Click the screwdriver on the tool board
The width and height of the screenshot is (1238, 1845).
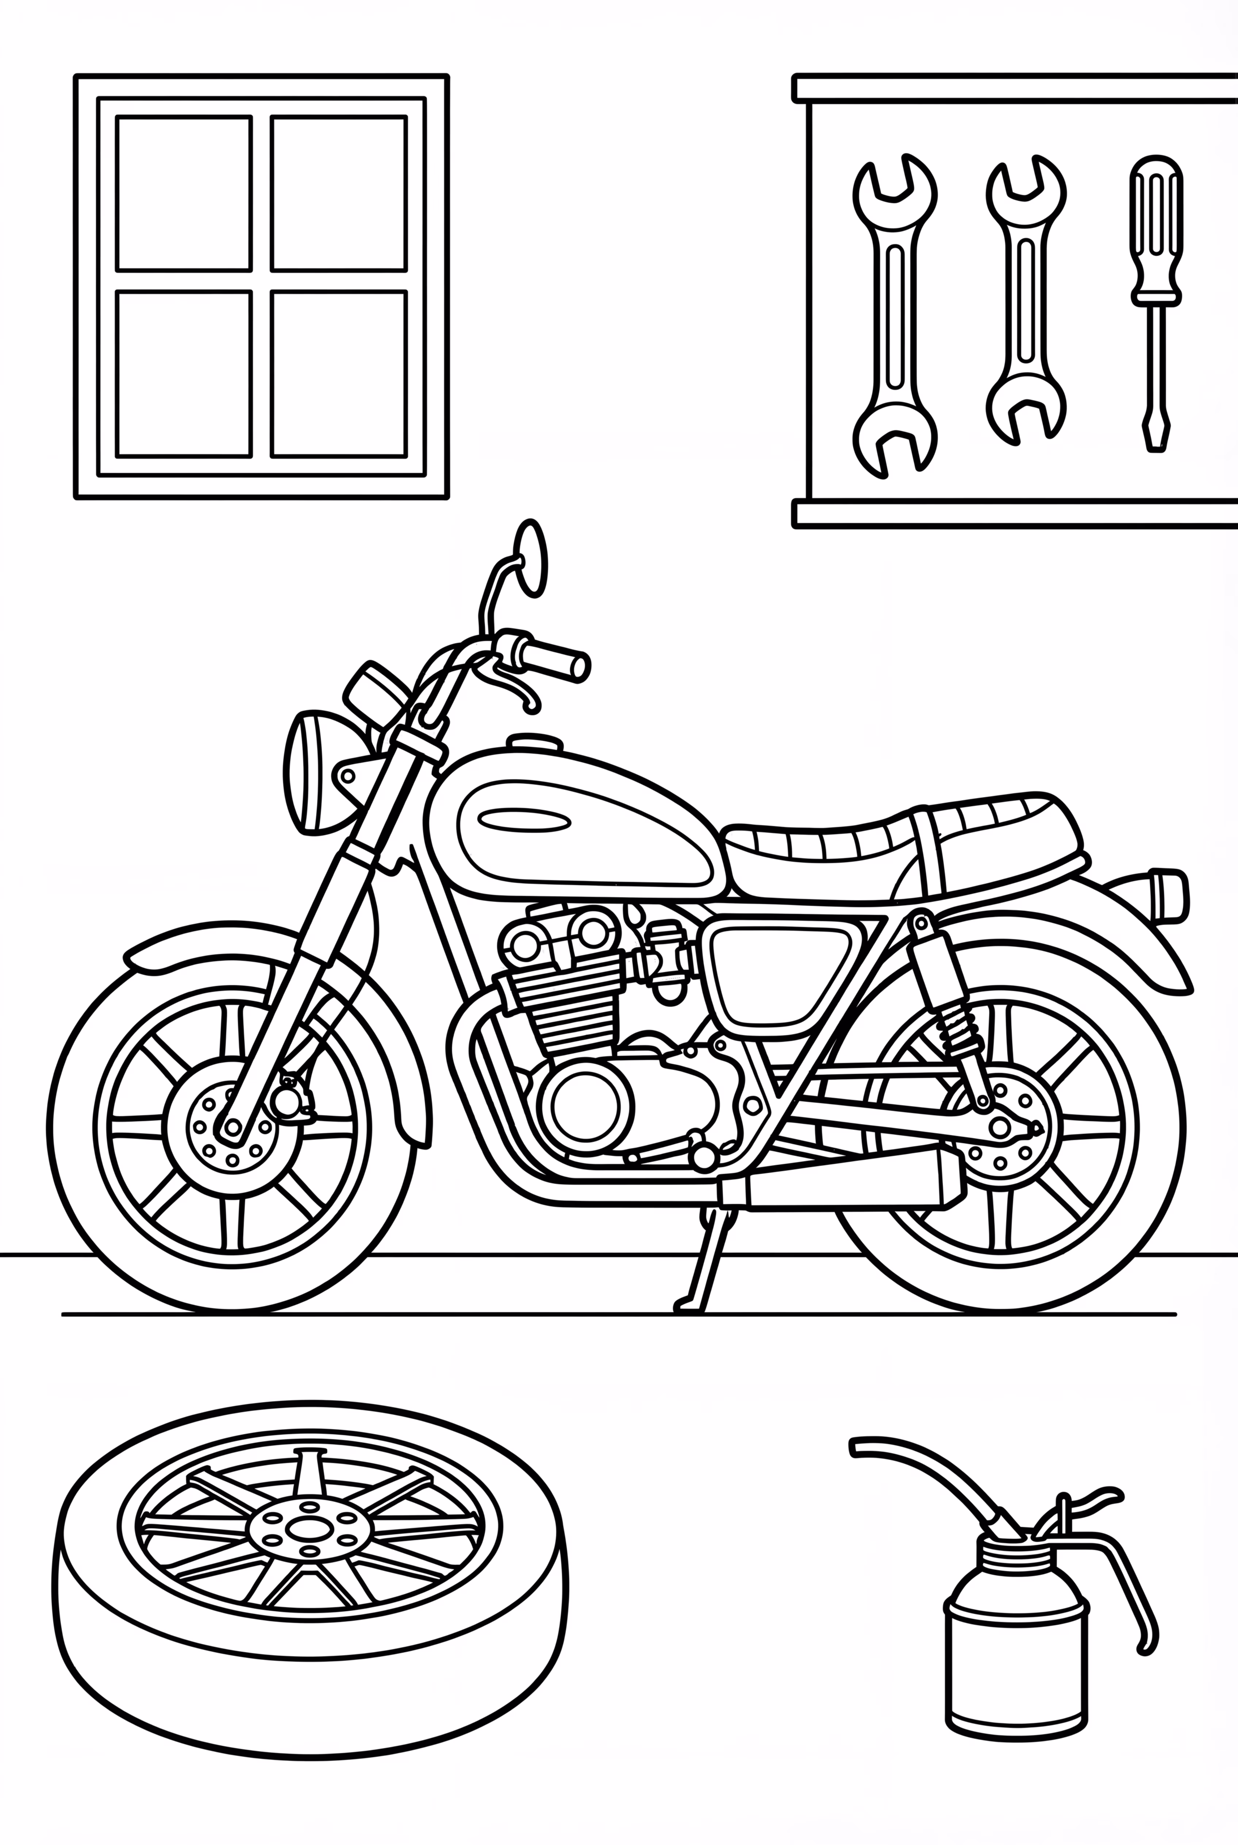coord(1156,300)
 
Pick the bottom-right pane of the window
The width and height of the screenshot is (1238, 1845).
coord(338,373)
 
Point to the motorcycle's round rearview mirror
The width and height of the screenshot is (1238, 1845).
coord(531,559)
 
